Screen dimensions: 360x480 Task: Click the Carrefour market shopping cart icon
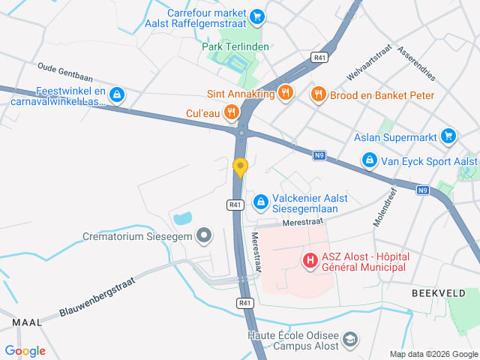pos(257,16)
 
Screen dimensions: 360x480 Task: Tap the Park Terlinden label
pos(236,46)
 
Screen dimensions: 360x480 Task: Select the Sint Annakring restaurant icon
pos(285,93)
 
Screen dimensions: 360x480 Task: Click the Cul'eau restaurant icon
pos(232,113)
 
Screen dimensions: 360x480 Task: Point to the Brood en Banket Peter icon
pos(318,94)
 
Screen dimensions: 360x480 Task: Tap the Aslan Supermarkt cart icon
pos(448,136)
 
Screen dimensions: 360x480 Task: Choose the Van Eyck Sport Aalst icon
pos(369,160)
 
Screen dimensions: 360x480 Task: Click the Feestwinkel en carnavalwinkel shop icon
pos(116,94)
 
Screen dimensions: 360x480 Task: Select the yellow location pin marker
pos(240,166)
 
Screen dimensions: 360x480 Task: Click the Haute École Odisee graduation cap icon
pos(349,340)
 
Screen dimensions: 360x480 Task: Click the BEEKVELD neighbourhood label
pos(437,293)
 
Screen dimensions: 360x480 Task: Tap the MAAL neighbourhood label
pos(27,322)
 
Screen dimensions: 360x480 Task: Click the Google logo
pos(25,350)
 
